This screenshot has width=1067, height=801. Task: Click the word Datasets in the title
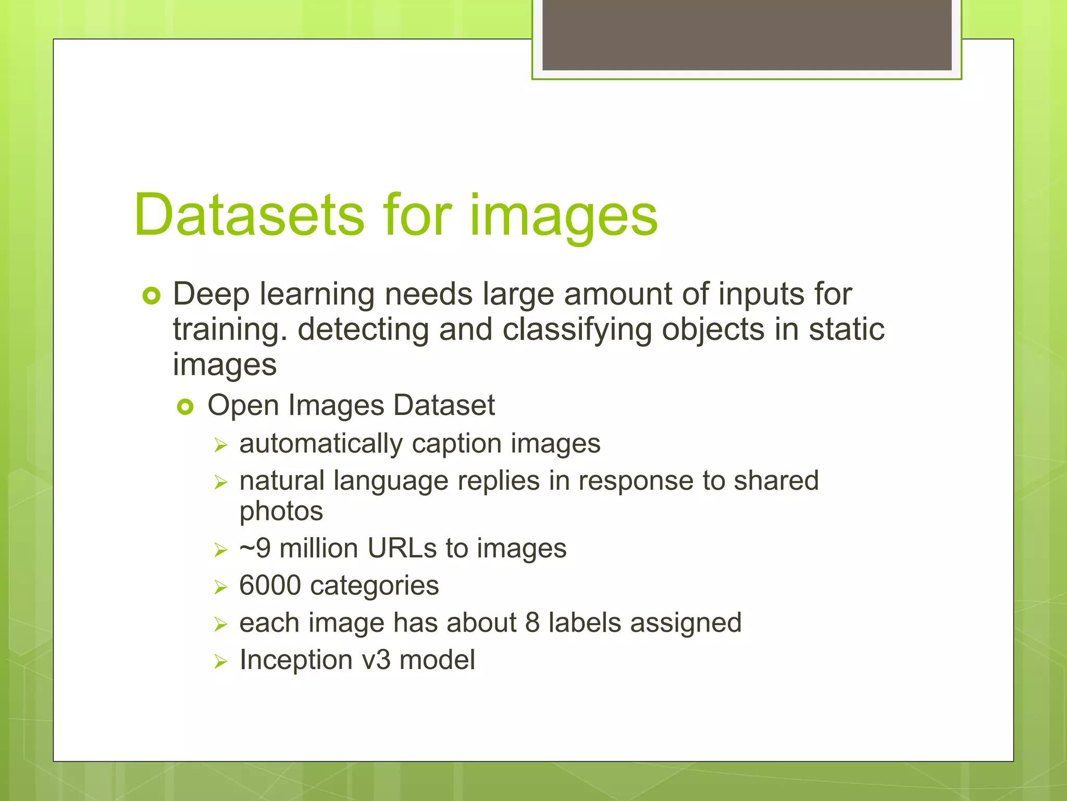[x=249, y=215]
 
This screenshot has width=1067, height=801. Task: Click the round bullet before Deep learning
[x=151, y=296]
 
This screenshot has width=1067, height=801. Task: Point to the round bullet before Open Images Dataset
[x=185, y=407]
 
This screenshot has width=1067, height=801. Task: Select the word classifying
[x=577, y=331]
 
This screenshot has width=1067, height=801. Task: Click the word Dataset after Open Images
[x=444, y=405]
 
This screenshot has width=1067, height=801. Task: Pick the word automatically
[x=321, y=444]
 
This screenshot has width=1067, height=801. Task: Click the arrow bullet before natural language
[x=221, y=482]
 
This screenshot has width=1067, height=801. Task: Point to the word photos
[x=281, y=512]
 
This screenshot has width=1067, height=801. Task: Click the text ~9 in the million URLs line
[x=255, y=549]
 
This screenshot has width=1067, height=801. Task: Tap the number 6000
[x=270, y=586]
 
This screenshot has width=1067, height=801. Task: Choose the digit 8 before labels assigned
[x=532, y=623]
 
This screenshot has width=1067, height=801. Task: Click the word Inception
[x=296, y=660]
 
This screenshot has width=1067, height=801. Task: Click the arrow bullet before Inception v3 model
[x=221, y=662]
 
